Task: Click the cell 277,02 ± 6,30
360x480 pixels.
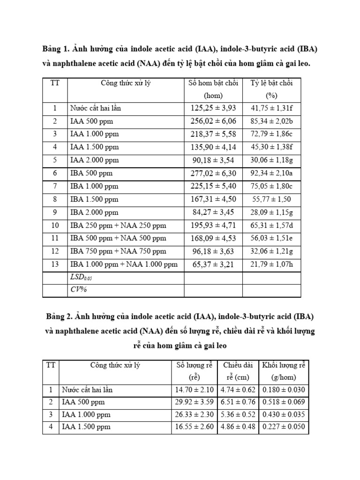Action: click(213, 173)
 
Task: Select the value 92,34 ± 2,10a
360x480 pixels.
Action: click(272, 173)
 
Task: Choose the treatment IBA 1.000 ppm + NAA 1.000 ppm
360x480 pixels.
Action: click(124, 264)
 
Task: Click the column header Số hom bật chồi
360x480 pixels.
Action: click(213, 83)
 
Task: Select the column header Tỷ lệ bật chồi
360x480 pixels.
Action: click(271, 83)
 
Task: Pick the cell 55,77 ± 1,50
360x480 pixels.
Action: click(271, 199)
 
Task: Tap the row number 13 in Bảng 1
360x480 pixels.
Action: click(55, 264)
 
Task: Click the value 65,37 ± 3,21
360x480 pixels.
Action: click(213, 264)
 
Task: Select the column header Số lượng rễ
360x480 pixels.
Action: click(194, 365)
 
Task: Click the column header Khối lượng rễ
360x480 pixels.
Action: click(284, 365)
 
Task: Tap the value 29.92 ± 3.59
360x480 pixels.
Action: click(194, 402)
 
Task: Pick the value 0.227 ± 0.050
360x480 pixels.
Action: click(284, 427)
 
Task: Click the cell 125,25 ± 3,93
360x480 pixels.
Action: click(213, 108)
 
